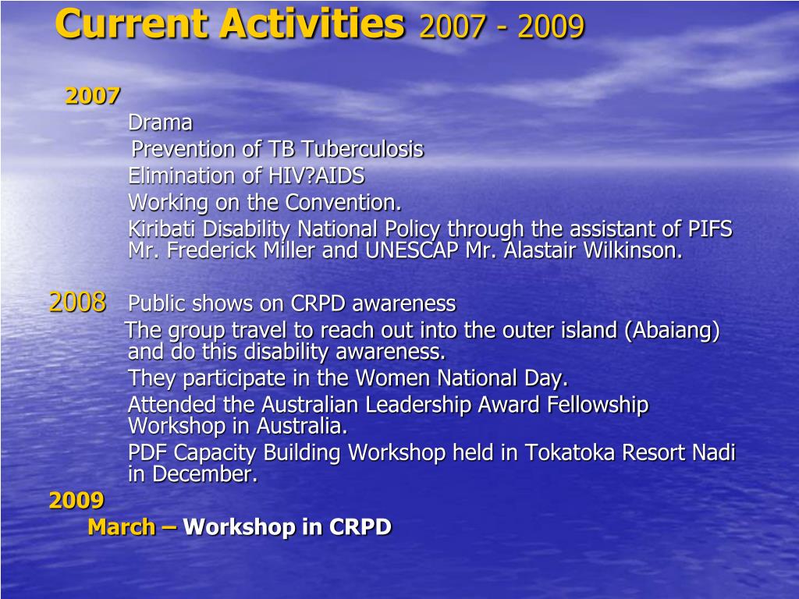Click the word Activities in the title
(312, 23)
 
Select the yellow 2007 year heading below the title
(93, 96)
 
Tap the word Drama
(161, 122)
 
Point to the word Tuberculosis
(362, 149)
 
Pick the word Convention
(343, 202)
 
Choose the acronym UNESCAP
(412, 250)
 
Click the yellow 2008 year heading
(77, 302)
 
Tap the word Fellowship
(597, 405)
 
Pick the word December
(205, 473)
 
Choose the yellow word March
(122, 526)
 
